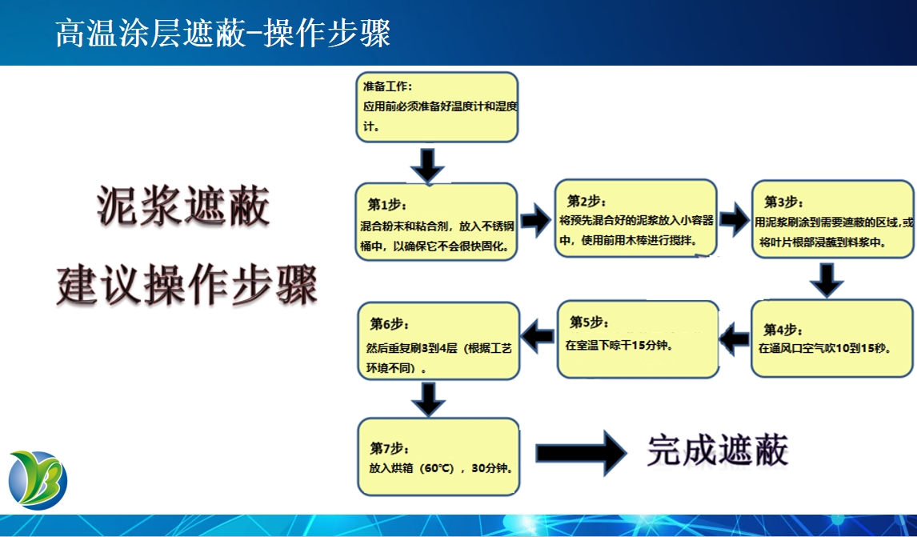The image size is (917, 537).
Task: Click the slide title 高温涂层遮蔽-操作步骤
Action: click(222, 34)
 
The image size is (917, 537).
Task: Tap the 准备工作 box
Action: click(437, 107)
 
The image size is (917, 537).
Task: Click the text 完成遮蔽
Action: click(718, 451)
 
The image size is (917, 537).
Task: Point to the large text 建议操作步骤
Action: click(187, 284)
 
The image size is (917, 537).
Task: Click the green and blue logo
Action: click(38, 480)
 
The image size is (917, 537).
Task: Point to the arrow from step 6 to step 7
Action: click(430, 399)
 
